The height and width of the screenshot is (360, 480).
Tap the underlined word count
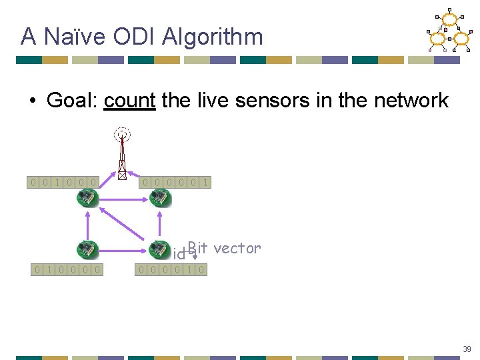tap(129, 101)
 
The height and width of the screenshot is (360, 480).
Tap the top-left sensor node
tap(87, 197)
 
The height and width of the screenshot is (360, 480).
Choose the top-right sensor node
tap(160, 197)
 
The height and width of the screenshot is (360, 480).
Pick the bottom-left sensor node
tap(87, 249)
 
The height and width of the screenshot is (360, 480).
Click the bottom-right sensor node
tap(159, 249)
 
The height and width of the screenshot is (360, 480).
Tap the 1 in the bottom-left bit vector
tap(49, 269)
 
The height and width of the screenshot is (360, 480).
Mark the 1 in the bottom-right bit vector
tap(190, 269)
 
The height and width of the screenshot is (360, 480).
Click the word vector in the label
tap(238, 248)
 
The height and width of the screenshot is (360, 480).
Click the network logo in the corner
tap(449, 31)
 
